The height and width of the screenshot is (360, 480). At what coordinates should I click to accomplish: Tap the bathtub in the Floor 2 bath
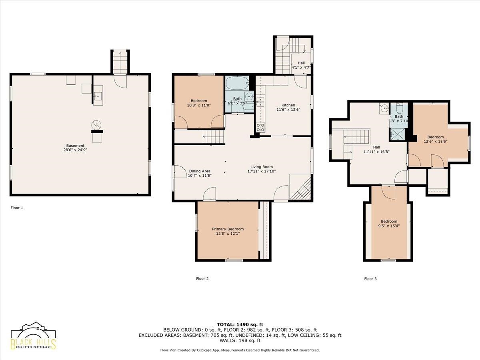pyautogui.click(x=237, y=83)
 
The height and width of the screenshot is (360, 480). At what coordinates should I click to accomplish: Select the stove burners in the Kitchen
pyautogui.click(x=260, y=128)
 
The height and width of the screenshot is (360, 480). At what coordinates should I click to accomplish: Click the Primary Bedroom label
pyautogui.click(x=228, y=229)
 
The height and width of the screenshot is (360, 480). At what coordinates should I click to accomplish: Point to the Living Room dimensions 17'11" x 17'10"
pyautogui.click(x=261, y=171)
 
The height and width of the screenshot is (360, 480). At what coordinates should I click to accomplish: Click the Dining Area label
pyautogui.click(x=200, y=171)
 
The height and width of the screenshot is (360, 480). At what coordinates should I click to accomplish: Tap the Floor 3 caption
pyautogui.click(x=370, y=279)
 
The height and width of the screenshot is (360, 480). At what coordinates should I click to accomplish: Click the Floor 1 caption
pyautogui.click(x=17, y=208)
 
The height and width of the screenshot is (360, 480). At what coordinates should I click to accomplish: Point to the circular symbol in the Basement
pyautogui.click(x=96, y=125)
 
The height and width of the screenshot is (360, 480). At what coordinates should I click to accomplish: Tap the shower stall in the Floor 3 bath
pyautogui.click(x=397, y=134)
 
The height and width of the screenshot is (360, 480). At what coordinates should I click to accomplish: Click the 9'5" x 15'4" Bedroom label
pyautogui.click(x=389, y=224)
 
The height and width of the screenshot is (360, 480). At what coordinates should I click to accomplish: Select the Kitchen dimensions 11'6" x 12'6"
pyautogui.click(x=288, y=110)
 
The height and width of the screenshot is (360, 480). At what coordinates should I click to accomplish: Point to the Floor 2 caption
pyautogui.click(x=202, y=279)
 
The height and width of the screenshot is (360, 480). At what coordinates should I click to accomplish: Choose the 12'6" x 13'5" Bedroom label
pyautogui.click(x=436, y=139)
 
